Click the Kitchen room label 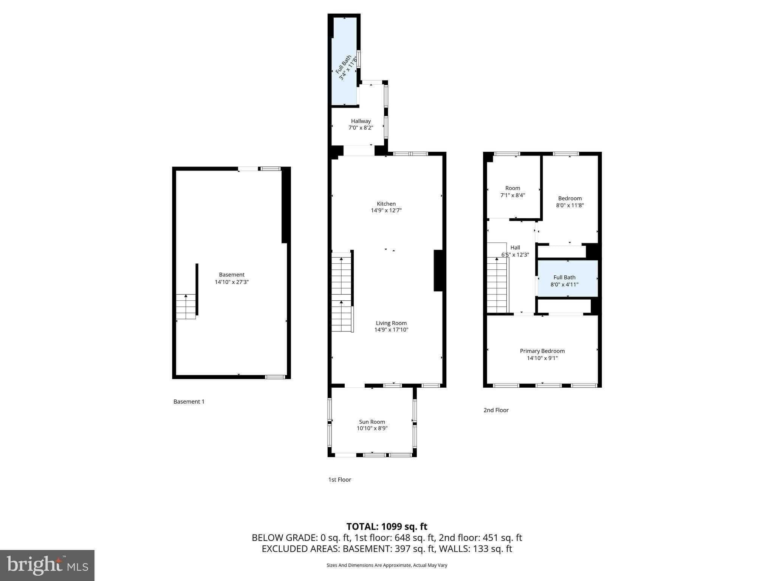pos(386,204)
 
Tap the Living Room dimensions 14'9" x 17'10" pos(391,330)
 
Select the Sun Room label pos(372,422)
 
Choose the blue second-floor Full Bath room pos(568,278)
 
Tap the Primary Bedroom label pos(542,351)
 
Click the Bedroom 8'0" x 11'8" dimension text pos(570,205)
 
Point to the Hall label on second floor pos(515,248)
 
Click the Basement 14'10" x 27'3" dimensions pos(232,282)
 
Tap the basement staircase pos(186,306)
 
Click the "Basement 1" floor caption pos(189,402)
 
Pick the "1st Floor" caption pos(339,480)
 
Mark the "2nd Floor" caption pos(496,410)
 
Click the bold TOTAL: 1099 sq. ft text pos(387,527)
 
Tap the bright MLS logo pos(47,565)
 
